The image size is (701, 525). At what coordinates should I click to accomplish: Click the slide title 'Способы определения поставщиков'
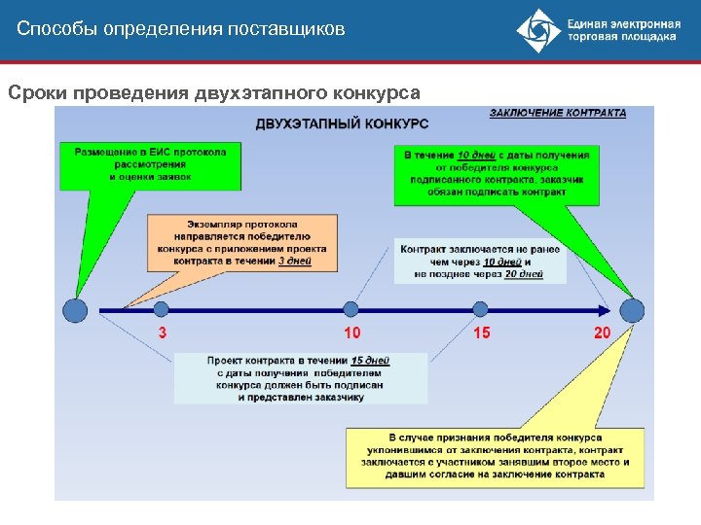tap(181, 29)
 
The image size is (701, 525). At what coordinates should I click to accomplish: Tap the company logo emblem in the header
tap(538, 31)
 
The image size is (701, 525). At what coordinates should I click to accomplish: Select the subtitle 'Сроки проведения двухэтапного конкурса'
tap(214, 93)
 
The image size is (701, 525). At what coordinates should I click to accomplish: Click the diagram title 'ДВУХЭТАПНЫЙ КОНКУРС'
tap(342, 123)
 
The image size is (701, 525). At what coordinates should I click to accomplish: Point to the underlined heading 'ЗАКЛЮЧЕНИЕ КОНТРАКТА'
tap(558, 113)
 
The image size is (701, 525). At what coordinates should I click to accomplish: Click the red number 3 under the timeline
tap(162, 333)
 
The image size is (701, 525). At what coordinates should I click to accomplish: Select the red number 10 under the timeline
tap(352, 333)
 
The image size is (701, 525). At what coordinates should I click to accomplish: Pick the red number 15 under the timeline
tap(482, 333)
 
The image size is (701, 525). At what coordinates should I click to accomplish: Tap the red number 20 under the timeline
tap(603, 333)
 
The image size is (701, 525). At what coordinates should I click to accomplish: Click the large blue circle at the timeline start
tap(75, 310)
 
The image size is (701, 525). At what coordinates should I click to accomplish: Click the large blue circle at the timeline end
tap(632, 310)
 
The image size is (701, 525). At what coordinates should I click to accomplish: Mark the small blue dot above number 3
tap(161, 309)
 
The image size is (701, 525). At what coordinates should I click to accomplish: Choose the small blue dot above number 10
tap(352, 309)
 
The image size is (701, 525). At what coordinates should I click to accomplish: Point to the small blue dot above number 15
tap(480, 309)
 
